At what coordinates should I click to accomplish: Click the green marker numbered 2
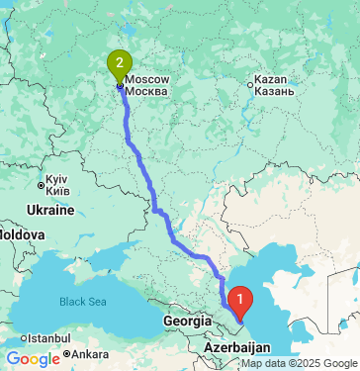120,65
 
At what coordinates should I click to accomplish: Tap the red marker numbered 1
239,296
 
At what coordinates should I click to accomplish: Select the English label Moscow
147,78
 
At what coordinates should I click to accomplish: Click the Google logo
33,358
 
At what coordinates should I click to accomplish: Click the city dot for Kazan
249,84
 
